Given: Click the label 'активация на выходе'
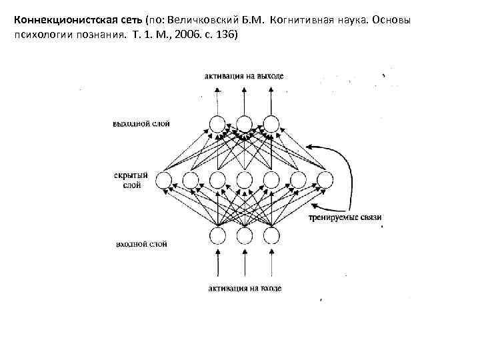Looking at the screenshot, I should coord(244,76).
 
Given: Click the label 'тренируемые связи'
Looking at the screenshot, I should coord(345,217).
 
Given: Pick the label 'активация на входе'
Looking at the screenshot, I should coord(244,288).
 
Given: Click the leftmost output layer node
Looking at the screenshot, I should coord(217,124).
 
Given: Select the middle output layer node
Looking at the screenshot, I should coord(244,124).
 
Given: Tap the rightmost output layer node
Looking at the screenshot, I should coord(271,124).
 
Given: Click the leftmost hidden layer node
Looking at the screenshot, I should coord(164,179).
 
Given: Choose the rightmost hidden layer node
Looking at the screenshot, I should coord(325,179).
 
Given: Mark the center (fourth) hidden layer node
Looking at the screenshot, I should coord(244,179).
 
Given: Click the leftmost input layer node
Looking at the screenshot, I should coord(217,235).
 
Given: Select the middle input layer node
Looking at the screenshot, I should coord(244,235).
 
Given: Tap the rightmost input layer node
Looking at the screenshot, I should coord(271,235).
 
